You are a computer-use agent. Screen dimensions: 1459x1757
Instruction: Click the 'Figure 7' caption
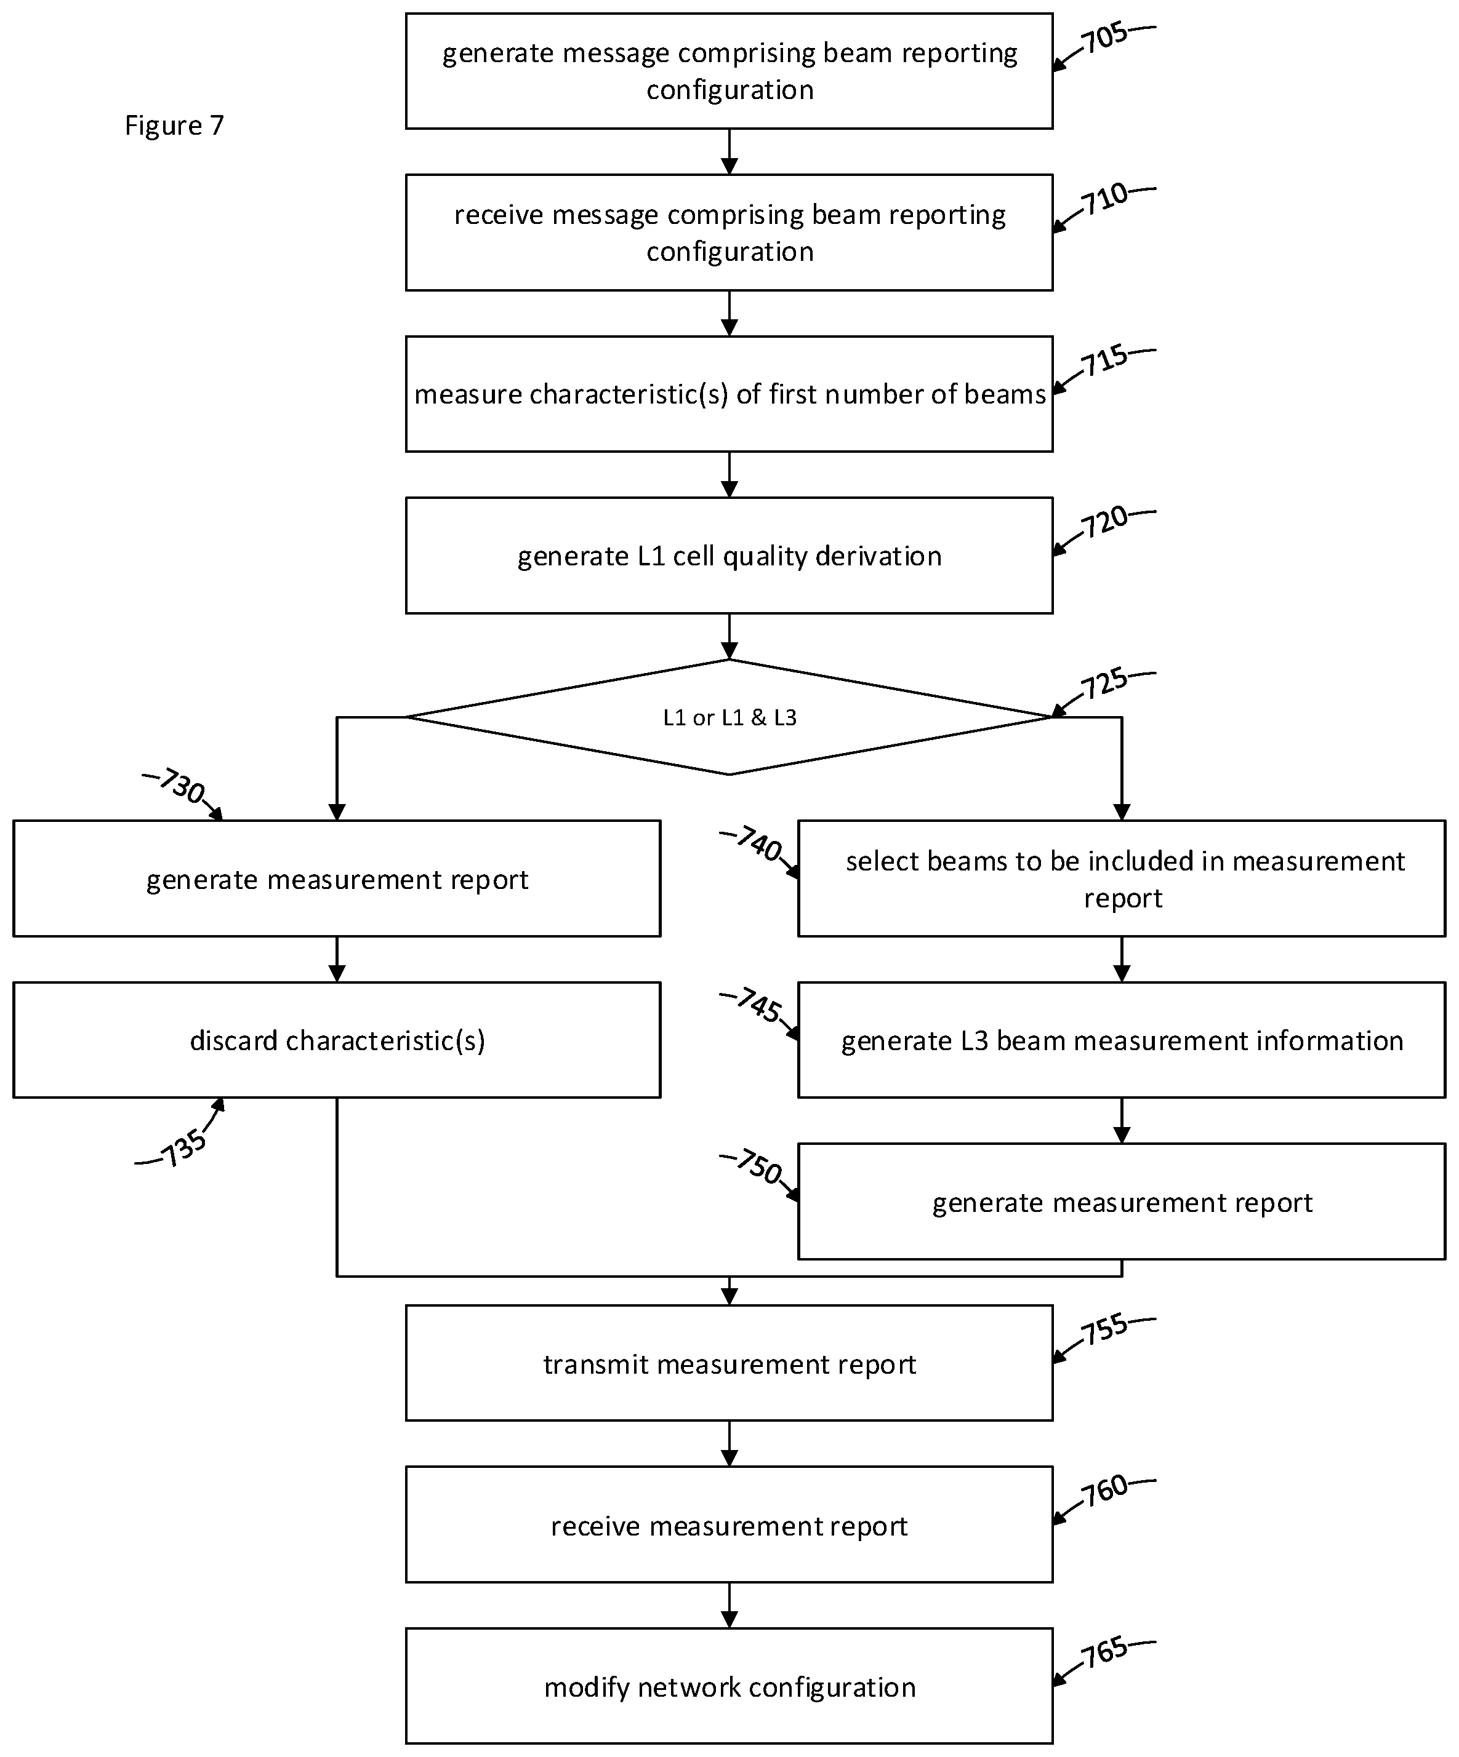(x=174, y=125)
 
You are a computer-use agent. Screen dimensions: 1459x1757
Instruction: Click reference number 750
(x=758, y=1167)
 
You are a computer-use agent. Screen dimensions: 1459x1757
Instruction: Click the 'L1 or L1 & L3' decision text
(x=729, y=718)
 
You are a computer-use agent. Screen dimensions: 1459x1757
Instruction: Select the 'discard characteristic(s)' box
(x=337, y=1040)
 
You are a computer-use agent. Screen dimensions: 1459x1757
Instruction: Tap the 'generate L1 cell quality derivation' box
(x=729, y=556)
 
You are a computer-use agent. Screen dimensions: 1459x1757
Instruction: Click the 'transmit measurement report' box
(x=729, y=1364)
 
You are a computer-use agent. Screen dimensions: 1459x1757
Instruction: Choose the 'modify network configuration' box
(x=729, y=1687)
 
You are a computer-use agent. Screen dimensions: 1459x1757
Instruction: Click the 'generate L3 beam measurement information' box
(x=1122, y=1040)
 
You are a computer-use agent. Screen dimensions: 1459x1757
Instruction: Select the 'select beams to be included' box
(x=1122, y=878)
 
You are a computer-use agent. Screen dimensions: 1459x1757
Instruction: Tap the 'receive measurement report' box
(x=729, y=1525)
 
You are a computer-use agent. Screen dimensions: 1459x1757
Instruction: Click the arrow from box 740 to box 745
(x=1122, y=959)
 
